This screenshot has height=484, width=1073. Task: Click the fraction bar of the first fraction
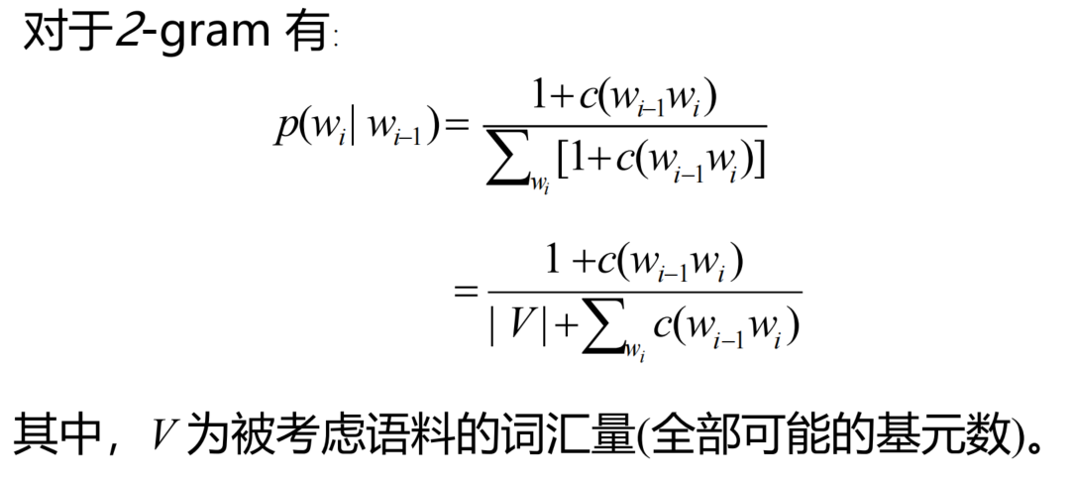(x=624, y=126)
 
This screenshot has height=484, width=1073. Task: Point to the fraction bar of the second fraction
(x=643, y=292)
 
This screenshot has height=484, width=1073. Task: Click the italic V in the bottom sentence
(x=163, y=434)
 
